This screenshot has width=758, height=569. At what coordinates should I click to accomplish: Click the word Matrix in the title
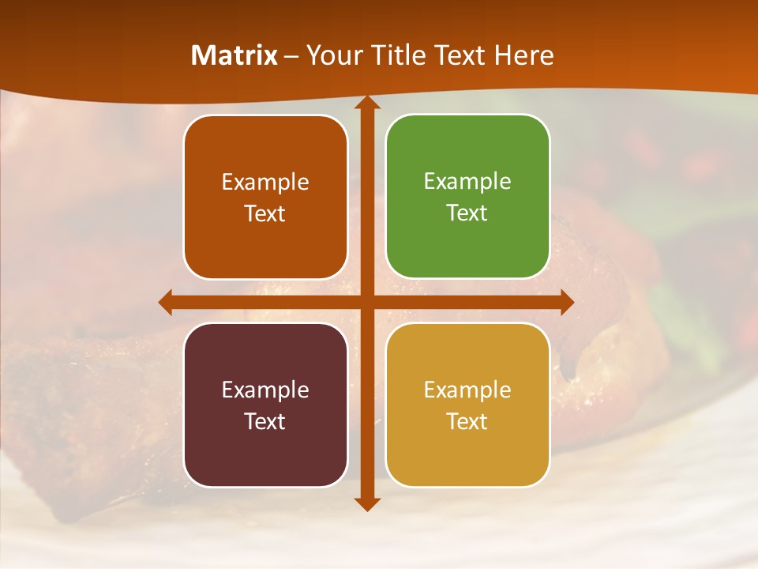point(235,55)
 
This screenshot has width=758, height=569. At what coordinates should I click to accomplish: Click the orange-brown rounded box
point(265,197)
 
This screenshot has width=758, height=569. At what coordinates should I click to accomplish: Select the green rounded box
point(467,197)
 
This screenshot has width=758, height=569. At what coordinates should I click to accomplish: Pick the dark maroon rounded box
point(265,405)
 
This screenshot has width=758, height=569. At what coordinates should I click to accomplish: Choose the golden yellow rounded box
point(467,405)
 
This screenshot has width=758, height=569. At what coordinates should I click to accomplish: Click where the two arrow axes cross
point(366,302)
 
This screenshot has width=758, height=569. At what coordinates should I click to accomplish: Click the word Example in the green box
point(467,182)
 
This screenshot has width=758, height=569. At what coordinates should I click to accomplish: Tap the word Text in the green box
point(467,213)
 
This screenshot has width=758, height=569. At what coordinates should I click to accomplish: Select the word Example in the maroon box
point(265,390)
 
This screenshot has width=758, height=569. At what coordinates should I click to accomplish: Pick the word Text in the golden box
point(467,421)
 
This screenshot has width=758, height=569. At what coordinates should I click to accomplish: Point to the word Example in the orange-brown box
point(265,183)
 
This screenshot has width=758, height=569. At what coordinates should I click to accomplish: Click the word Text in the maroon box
point(265,421)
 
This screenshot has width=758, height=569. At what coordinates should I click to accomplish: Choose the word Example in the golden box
point(467,390)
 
